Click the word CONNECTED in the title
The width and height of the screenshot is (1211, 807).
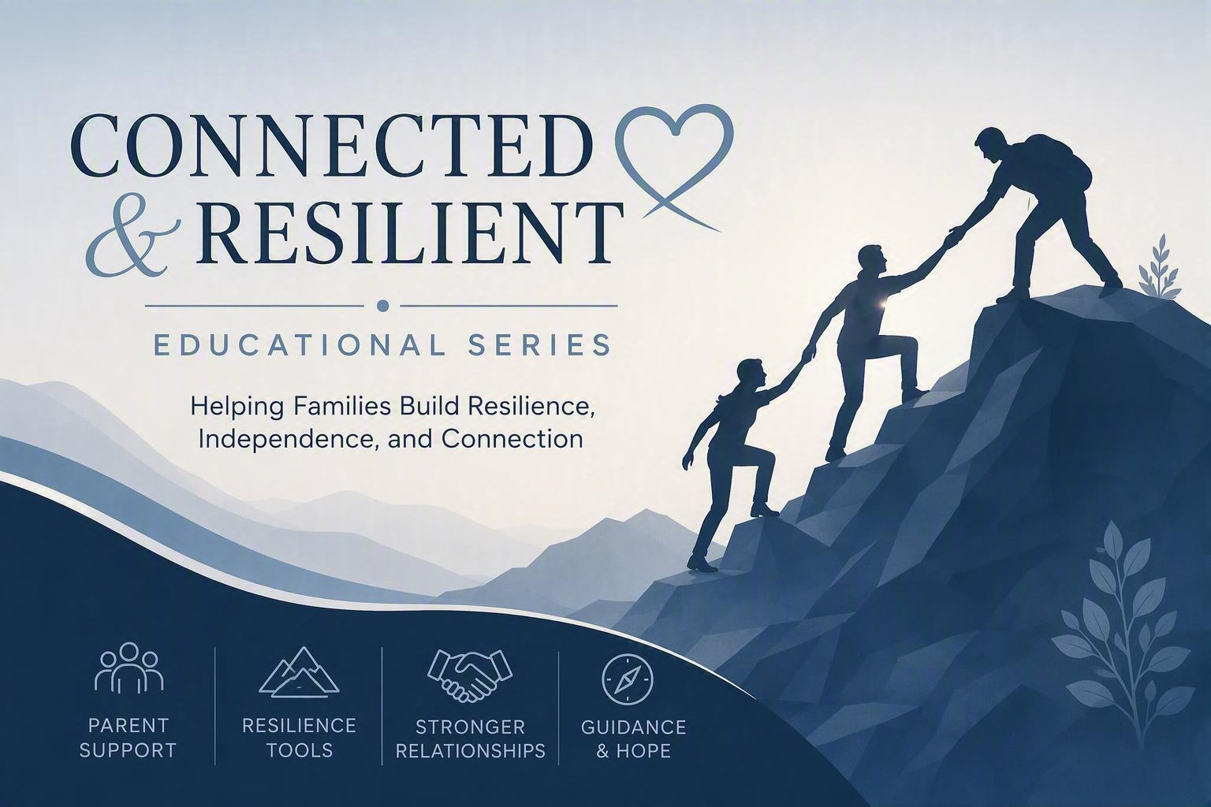tap(329, 145)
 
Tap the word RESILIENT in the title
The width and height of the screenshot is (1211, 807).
tap(410, 232)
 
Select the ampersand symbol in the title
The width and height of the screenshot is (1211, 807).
tap(126, 239)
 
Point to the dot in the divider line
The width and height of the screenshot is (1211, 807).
tap(382, 306)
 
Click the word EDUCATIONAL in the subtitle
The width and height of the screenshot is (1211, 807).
tap(300, 345)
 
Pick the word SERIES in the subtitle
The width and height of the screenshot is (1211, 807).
tap(539, 345)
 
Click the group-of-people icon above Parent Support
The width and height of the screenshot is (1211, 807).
tap(129, 668)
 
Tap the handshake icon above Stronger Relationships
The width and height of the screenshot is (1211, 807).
tap(470, 675)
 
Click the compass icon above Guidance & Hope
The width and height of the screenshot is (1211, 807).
tap(628, 680)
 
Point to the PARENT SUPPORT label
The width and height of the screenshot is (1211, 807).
tap(129, 738)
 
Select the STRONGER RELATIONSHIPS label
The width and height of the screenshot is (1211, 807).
tap(471, 739)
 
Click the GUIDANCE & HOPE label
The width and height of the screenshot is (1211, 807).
tap(634, 739)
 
